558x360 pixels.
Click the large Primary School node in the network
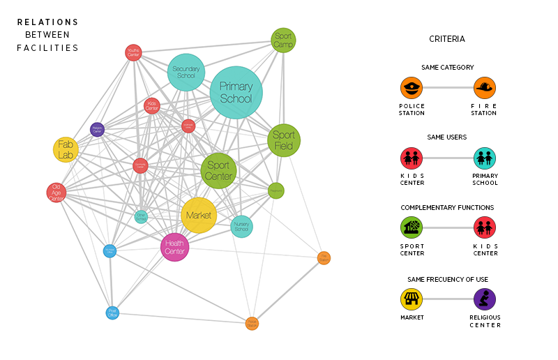pos(236,92)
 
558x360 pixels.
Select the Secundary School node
pos(186,72)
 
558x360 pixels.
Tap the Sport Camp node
pos(283,40)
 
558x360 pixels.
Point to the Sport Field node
pos(284,140)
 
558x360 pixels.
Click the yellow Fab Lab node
pos(66,149)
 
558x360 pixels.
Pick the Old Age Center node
pos(56,193)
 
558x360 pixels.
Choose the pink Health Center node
pos(174,247)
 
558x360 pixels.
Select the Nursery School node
pos(241,226)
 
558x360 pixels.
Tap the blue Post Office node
pos(112,313)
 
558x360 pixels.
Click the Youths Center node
pos(134,52)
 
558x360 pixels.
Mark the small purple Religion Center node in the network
pos(98,128)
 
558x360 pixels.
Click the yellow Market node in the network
pos(199,215)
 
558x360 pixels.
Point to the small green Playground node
pos(276,190)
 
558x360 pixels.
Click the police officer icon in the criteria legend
pos(412,88)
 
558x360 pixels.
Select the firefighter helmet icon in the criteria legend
pos(485,88)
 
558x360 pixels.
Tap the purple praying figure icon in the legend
pos(485,299)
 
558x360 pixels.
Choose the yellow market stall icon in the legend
pos(412,299)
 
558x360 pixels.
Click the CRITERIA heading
pos(447,39)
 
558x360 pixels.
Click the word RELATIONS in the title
pos(48,22)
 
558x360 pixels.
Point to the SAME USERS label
pos(447,137)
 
